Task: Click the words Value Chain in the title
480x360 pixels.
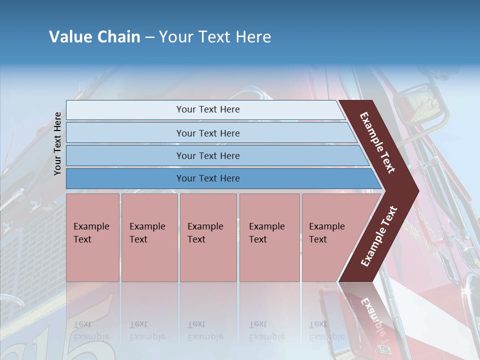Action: [94, 37]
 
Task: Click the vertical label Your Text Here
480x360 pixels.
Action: [57, 143]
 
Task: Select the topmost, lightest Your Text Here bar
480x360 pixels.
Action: [208, 109]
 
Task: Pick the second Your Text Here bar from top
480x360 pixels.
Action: [208, 133]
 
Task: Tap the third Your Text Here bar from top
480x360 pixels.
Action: [208, 155]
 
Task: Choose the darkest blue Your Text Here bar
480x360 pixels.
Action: [208, 178]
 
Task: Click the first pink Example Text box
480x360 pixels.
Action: [92, 237]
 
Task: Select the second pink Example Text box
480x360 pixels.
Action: [149, 237]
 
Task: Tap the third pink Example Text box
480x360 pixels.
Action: [208, 237]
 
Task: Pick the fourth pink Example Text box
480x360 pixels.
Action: [269, 237]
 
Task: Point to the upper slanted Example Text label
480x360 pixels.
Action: [377, 143]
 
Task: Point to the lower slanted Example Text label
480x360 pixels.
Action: [378, 236]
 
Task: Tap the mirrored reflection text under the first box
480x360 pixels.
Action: [91, 330]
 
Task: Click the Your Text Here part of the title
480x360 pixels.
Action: [215, 37]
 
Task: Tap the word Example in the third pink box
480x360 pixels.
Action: [205, 226]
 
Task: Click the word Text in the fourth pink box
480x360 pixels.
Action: [258, 239]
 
